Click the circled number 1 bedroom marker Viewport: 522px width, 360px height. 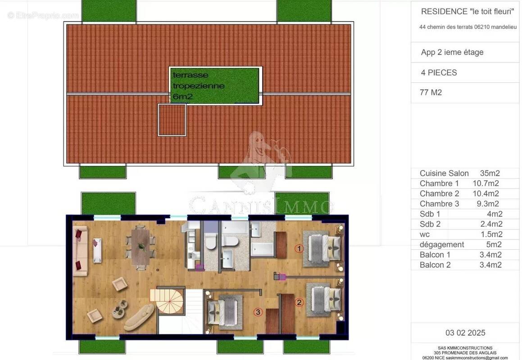299,248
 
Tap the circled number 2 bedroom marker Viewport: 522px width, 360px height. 299,302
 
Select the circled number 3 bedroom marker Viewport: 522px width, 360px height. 258,312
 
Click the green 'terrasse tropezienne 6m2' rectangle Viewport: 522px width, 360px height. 215,85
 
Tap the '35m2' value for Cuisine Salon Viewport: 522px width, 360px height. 490,173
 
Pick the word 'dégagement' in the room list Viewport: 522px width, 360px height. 441,244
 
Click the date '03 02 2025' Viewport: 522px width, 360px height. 465,333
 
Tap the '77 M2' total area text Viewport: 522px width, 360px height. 431,93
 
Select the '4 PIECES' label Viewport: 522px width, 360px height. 439,72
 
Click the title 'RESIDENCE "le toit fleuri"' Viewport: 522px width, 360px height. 468,11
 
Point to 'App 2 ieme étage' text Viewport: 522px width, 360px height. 452,52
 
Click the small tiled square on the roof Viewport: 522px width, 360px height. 172,119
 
